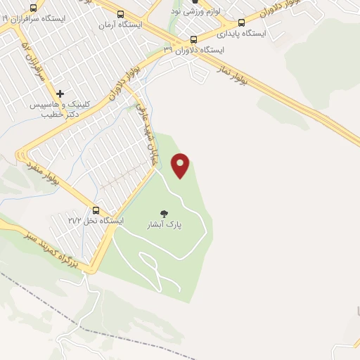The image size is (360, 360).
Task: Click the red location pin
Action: click(x=181, y=165)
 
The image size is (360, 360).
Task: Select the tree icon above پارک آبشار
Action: click(x=164, y=214)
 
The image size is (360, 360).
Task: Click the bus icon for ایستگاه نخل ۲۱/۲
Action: click(x=96, y=210)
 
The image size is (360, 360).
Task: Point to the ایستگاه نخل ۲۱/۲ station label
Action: click(x=103, y=221)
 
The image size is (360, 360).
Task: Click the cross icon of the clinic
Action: click(x=60, y=93)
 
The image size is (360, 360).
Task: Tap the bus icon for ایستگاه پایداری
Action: click(x=242, y=22)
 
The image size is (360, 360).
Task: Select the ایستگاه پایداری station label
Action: click(x=241, y=33)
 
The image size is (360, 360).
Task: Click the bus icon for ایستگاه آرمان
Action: click(x=121, y=13)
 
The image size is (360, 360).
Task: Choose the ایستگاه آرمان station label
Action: click(x=120, y=25)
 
